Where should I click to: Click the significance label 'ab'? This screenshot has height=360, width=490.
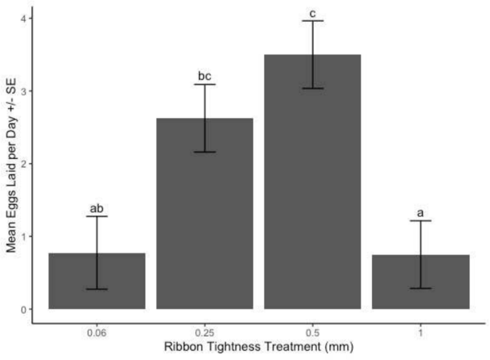coord(97,209)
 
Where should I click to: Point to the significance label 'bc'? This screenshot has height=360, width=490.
coord(205,77)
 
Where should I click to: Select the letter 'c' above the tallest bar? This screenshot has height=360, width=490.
coord(313,14)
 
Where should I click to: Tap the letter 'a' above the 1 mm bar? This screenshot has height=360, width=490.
coord(421,213)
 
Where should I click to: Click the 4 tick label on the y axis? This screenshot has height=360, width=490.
coord(22,17)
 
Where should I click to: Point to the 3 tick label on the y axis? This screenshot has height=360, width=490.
coord(22,91)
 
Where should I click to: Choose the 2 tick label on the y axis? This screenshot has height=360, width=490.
coord(22,164)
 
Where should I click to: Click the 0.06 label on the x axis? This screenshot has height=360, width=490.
coord(97,334)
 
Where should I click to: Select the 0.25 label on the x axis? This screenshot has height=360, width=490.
coord(205,334)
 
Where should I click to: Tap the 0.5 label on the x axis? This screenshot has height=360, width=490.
coord(313,334)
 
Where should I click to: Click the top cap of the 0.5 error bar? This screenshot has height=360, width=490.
coord(313,21)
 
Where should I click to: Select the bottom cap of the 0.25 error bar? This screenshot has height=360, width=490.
coord(205,152)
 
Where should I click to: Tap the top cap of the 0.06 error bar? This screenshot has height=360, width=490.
coord(97,216)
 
